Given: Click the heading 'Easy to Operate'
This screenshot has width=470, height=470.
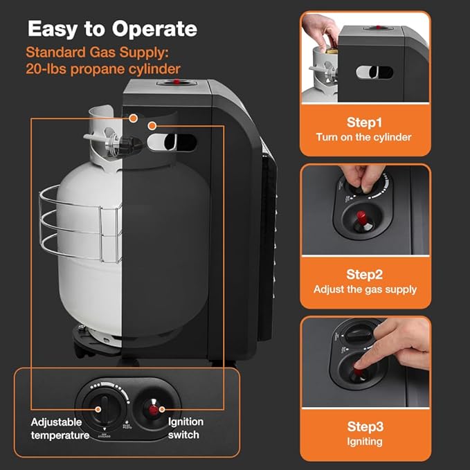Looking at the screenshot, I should point(112,29).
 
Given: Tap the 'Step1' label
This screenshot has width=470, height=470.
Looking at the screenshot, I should point(364,123).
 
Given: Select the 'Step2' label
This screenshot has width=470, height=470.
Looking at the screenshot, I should point(364,275).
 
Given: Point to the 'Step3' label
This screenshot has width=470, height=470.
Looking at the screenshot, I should point(364,427).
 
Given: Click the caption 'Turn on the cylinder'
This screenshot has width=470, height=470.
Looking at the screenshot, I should point(364,137).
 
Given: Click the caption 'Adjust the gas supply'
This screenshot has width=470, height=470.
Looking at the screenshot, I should point(365,289).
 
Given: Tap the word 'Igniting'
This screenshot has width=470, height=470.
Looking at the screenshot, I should point(364,441).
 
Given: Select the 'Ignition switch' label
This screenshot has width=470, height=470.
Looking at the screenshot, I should point(186,428).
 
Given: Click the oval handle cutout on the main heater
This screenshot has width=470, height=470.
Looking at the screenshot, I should point(172,143).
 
